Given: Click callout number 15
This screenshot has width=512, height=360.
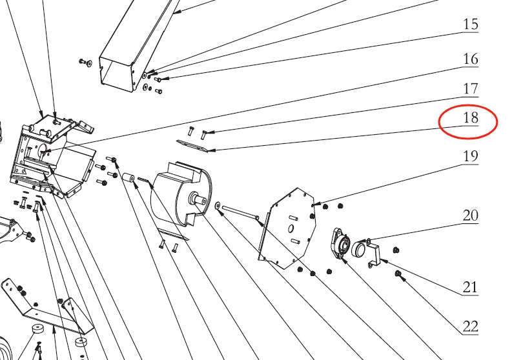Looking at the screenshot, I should pyautogui.click(x=471, y=25).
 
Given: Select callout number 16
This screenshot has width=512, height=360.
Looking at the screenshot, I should pyautogui.click(x=471, y=59).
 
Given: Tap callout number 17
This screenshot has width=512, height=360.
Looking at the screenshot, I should pyautogui.click(x=471, y=88).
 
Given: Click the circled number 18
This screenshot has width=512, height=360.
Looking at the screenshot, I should pyautogui.click(x=471, y=117).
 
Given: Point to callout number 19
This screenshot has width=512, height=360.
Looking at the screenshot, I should pyautogui.click(x=471, y=155).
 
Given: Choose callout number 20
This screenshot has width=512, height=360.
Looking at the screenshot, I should pyautogui.click(x=471, y=215).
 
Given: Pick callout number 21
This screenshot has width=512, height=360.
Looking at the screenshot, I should pyautogui.click(x=471, y=287).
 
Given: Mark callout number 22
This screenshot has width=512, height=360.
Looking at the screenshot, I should pyautogui.click(x=471, y=326).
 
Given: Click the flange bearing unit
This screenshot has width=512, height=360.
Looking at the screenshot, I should pyautogui.click(x=341, y=245).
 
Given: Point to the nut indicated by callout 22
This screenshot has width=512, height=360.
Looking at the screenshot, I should pyautogui.click(x=398, y=275).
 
